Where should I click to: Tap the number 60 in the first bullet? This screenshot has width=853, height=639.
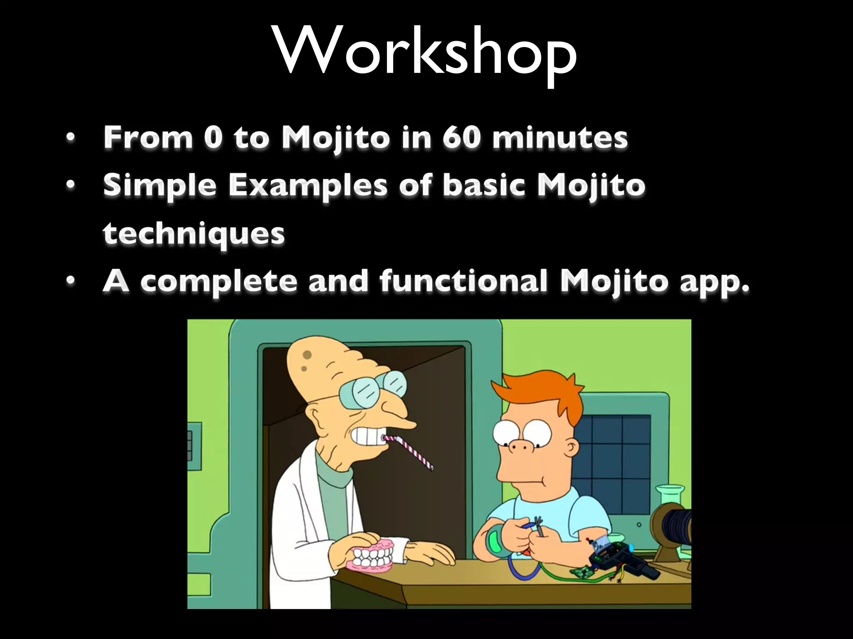461,137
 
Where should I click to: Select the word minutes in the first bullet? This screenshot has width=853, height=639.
560,138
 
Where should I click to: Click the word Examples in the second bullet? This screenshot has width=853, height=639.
308,186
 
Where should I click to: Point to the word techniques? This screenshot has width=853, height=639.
194,234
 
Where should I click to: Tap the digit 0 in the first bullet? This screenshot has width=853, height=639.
213,137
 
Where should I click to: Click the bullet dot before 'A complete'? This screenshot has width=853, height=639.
71,281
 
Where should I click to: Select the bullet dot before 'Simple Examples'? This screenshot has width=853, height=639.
71,184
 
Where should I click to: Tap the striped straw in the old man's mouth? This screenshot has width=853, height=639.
410,451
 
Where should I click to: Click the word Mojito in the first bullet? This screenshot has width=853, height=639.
336,138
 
